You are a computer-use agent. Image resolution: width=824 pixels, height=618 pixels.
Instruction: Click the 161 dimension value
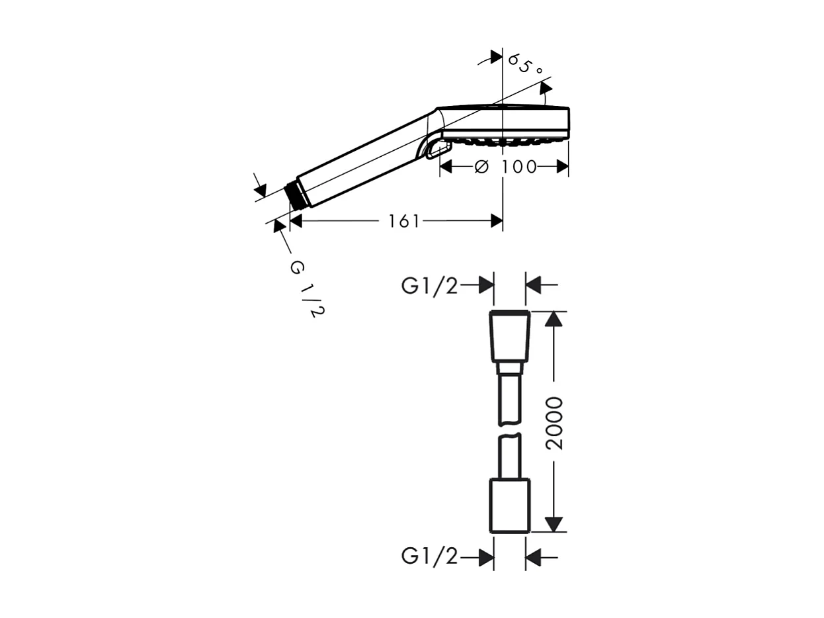click(x=403, y=221)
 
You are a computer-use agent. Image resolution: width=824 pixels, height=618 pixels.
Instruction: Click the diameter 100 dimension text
click(x=507, y=167)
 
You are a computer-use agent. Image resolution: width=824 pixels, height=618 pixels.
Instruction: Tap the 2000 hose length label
click(x=554, y=423)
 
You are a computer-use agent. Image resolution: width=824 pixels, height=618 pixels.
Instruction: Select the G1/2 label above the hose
click(x=429, y=286)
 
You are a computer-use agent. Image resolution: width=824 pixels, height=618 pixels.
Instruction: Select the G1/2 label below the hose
click(x=429, y=557)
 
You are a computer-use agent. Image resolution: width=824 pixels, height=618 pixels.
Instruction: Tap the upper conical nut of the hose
click(x=509, y=336)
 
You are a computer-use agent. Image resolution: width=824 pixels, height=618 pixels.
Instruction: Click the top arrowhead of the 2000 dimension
click(x=554, y=319)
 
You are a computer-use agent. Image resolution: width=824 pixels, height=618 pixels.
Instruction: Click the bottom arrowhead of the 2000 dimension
click(x=554, y=523)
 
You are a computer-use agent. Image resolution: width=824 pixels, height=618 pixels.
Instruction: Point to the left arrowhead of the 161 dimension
click(x=296, y=221)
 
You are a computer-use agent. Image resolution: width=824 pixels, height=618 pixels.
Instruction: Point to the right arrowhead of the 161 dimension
click(x=497, y=221)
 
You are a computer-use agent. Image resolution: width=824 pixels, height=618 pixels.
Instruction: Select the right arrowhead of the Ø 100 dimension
click(x=563, y=167)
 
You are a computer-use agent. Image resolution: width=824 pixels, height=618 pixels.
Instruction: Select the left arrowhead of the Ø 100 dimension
click(x=446, y=167)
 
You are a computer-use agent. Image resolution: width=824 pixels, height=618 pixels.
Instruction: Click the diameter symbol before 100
click(x=481, y=167)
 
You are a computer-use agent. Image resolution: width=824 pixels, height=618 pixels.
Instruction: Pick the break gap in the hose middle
click(x=509, y=429)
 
